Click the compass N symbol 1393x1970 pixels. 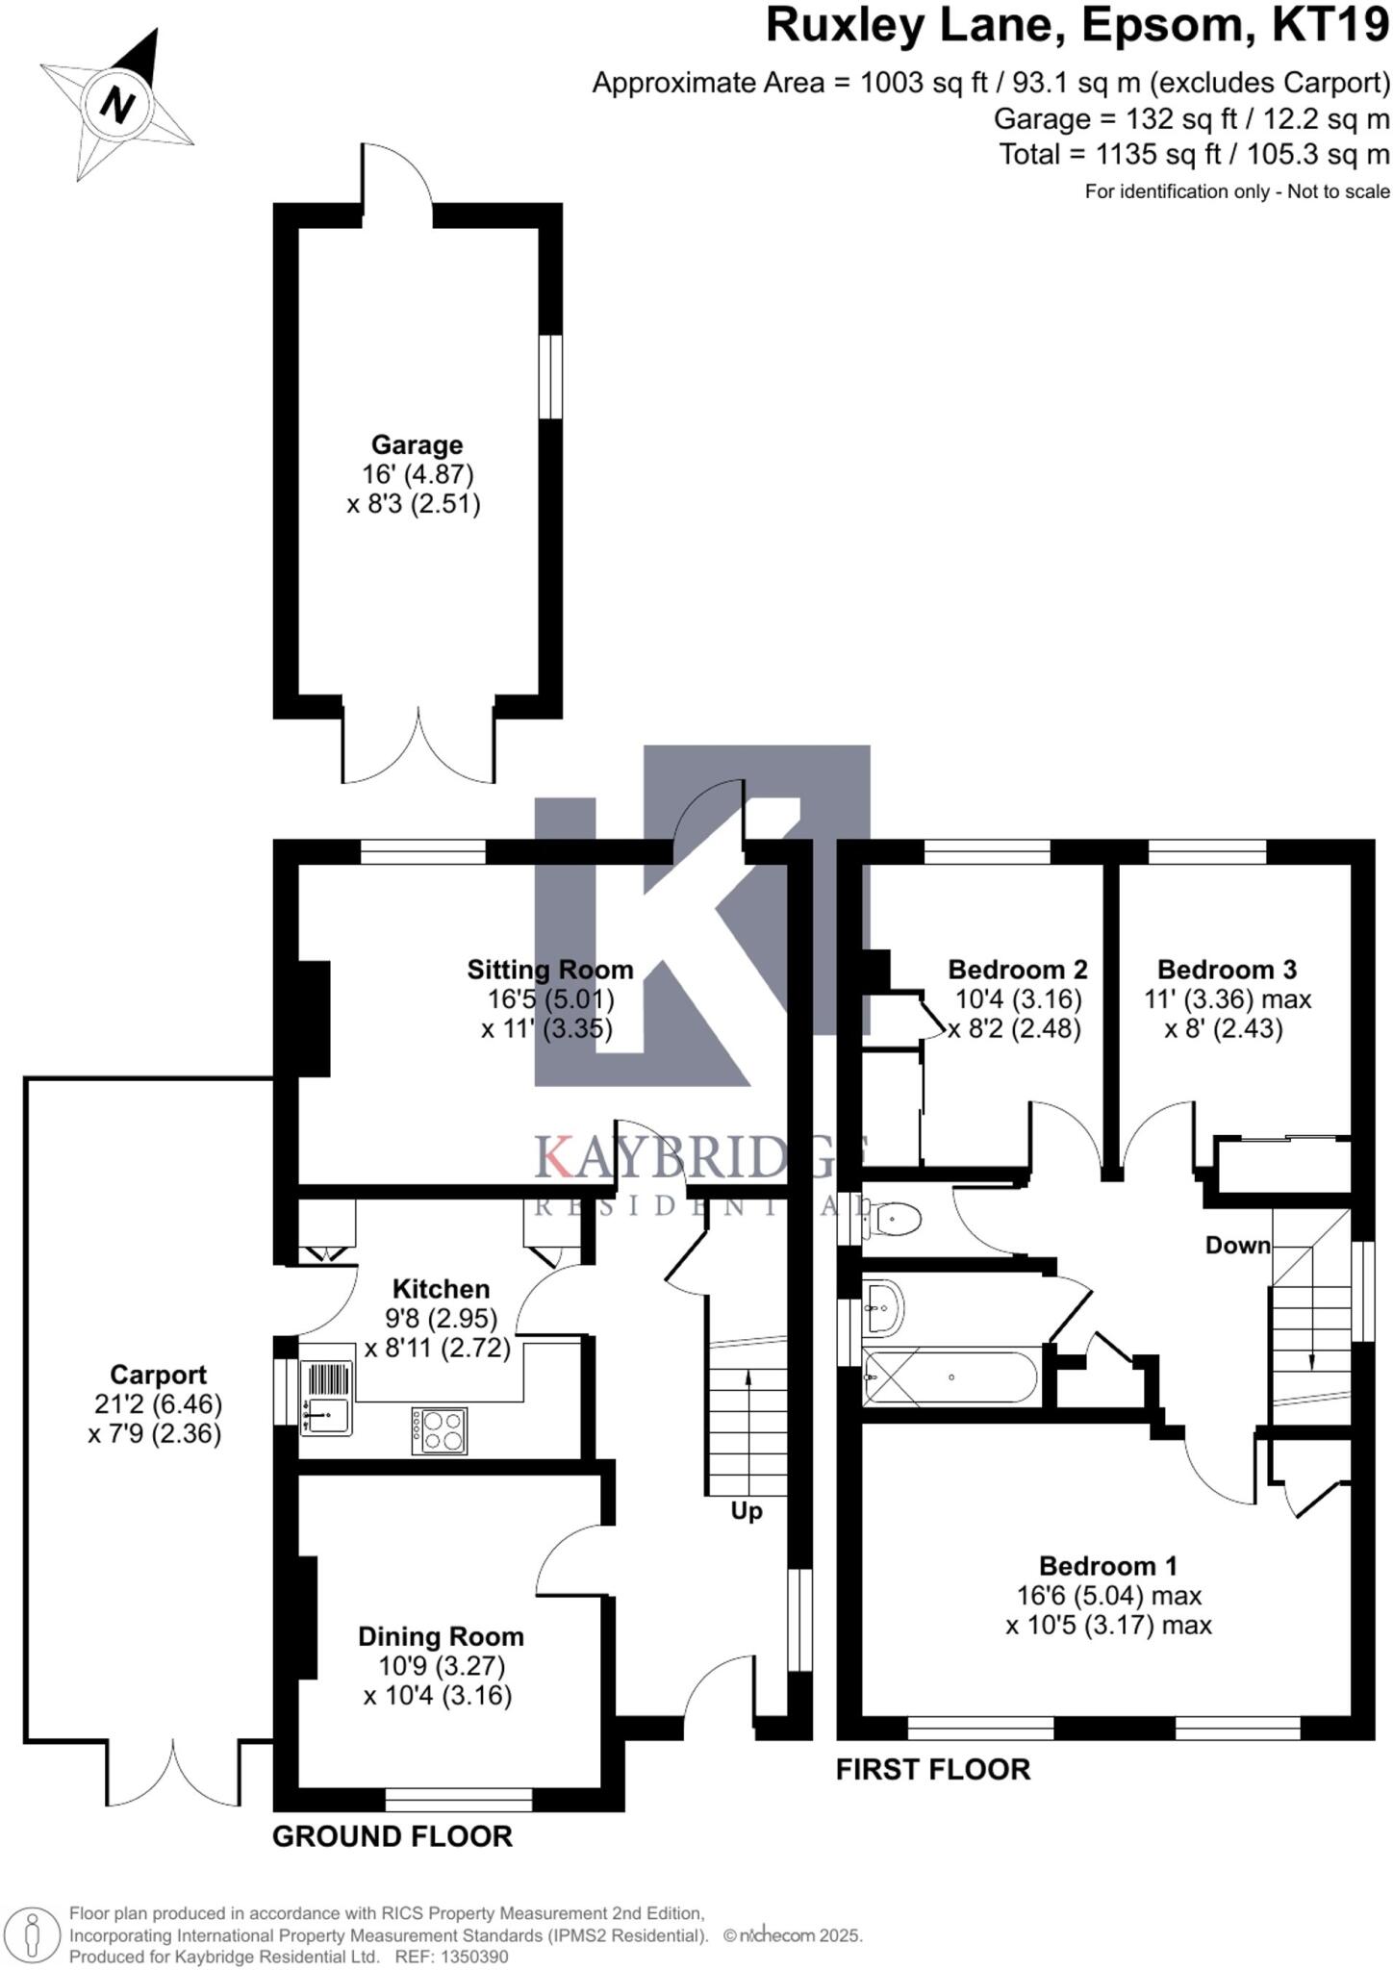pyautogui.click(x=117, y=104)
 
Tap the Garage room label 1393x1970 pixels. pyautogui.click(x=417, y=445)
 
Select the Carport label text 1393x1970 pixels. pyautogui.click(x=158, y=1375)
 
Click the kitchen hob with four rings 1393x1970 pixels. pyautogui.click(x=441, y=1429)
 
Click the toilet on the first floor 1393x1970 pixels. pyautogui.click(x=894, y=1221)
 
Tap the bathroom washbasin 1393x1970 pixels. pyautogui.click(x=883, y=1308)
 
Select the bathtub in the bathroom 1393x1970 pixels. pyautogui.click(x=950, y=1378)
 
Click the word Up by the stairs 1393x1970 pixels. pyautogui.click(x=747, y=1511)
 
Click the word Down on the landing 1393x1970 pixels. pyautogui.click(x=1238, y=1246)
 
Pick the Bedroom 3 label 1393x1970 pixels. pyautogui.click(x=1227, y=970)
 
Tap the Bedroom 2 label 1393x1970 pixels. pyautogui.click(x=1018, y=970)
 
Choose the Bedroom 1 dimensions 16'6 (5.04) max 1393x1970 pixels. pyautogui.click(x=1109, y=1596)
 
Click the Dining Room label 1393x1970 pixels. pyautogui.click(x=441, y=1636)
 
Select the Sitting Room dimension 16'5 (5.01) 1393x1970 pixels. pyautogui.click(x=550, y=999)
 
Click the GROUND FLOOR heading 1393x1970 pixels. pyautogui.click(x=393, y=1836)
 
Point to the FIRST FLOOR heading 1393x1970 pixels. pyautogui.click(x=933, y=1769)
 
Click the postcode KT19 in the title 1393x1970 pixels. pyautogui.click(x=1330, y=27)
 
